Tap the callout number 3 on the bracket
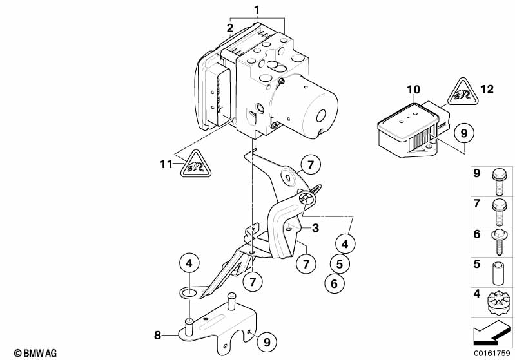pyautogui.click(x=315, y=228)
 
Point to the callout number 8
pyautogui.click(x=157, y=334)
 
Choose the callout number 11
pyautogui.click(x=166, y=164)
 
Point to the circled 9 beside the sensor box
pyautogui.click(x=463, y=133)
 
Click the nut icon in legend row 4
pyautogui.click(x=498, y=301)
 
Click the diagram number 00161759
pyautogui.click(x=492, y=353)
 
